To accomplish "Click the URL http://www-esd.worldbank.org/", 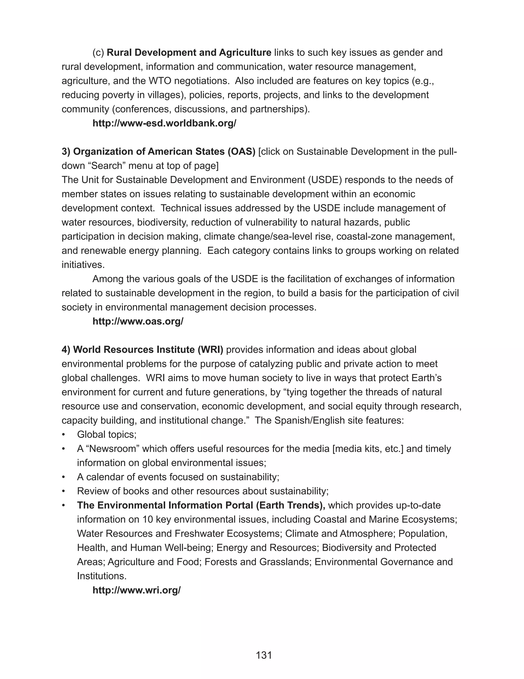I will pyautogui.click(x=164, y=124).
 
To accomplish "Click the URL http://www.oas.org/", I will pyautogui.click(x=138, y=322).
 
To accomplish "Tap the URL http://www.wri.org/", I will pyautogui.click(x=137, y=590).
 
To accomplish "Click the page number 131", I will pyautogui.click(x=264, y=655).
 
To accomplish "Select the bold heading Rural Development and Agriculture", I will pyautogui.click(x=189, y=53).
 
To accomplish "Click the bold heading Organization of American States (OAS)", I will pyautogui.click(x=158, y=152).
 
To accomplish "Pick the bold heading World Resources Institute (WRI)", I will pyautogui.click(x=143, y=350).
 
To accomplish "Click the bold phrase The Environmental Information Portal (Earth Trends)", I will pyautogui.click(x=201, y=505).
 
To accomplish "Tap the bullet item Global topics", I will pyautogui.click(x=106, y=435).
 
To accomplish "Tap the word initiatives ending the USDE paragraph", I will pyautogui.click(x=83, y=265).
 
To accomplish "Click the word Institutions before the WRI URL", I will pyautogui.click(x=102, y=576).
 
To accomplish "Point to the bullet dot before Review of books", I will pyautogui.click(x=64, y=491).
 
